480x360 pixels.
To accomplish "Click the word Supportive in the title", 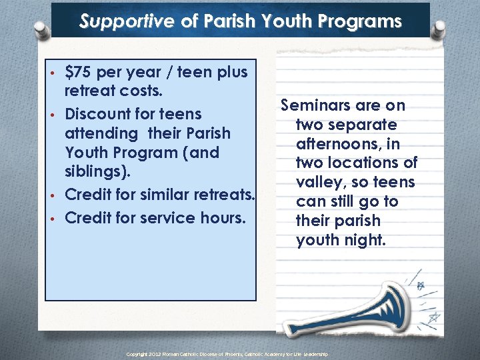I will coord(127,21).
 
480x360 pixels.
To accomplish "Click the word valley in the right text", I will coord(319,183).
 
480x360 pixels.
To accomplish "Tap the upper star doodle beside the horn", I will coord(421,286).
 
